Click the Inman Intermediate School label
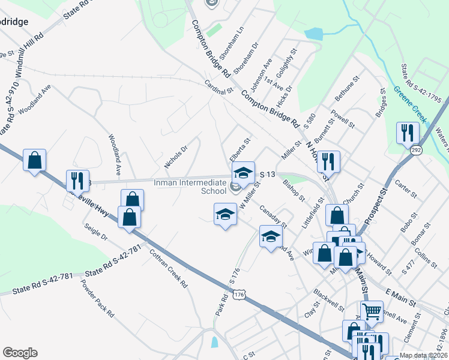189,187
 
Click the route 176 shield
240,295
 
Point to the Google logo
20,353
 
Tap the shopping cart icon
372,311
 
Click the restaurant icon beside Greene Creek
408,132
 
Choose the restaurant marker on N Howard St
328,161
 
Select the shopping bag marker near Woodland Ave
35,160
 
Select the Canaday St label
273,218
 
